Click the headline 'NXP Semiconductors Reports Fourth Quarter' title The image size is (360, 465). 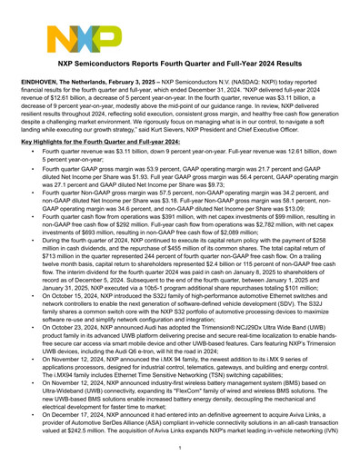(x=180, y=67)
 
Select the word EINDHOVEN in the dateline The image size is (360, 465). (x=41, y=83)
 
